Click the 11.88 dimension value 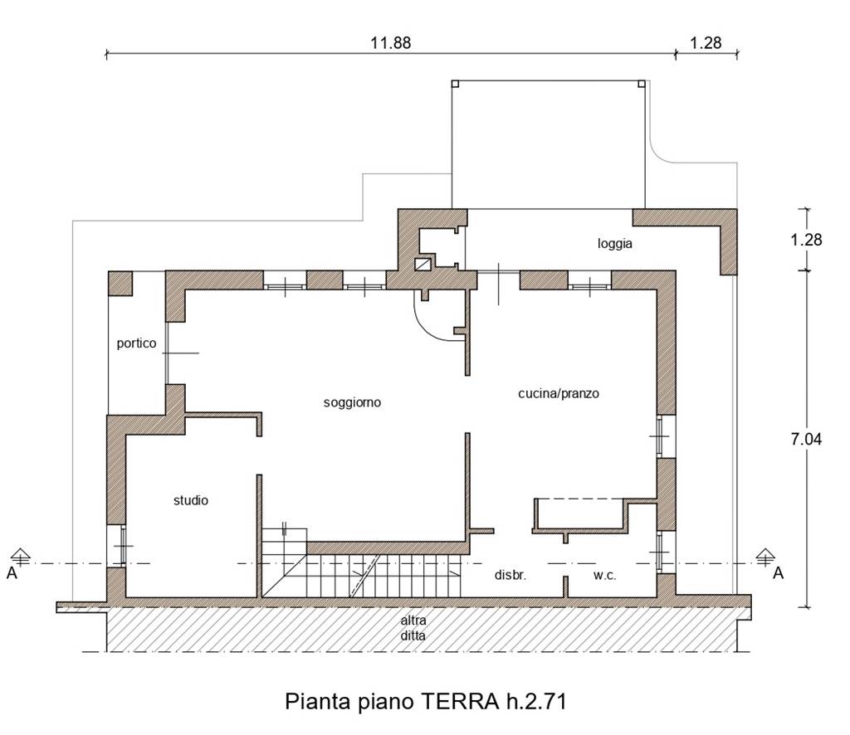click(390, 43)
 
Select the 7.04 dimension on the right click(806, 439)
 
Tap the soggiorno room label click(352, 402)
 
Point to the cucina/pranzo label click(559, 393)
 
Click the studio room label click(191, 500)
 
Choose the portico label click(136, 343)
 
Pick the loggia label click(615, 243)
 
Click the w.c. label click(604, 575)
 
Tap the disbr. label click(510, 575)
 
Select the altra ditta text click(413, 628)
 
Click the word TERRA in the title click(460, 702)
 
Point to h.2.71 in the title click(537, 702)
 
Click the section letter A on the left click(12, 573)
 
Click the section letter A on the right click(778, 573)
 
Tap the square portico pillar click(120, 283)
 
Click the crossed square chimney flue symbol click(423, 265)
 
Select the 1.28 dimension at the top click(706, 43)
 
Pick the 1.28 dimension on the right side click(806, 240)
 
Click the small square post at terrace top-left click(456, 84)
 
